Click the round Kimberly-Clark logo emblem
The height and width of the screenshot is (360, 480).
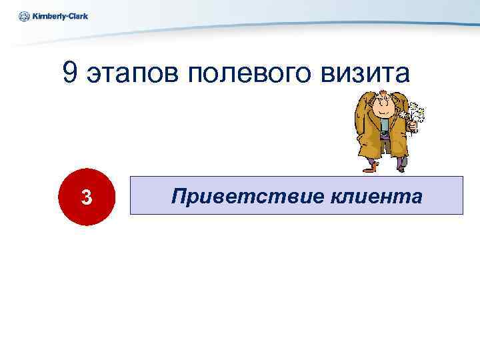pos(24,16)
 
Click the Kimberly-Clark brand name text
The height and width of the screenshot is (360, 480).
pos(59,16)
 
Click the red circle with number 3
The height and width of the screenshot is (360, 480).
pos(86,197)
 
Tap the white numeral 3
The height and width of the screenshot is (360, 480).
pos(86,197)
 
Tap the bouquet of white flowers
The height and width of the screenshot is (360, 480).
pos(415,114)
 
